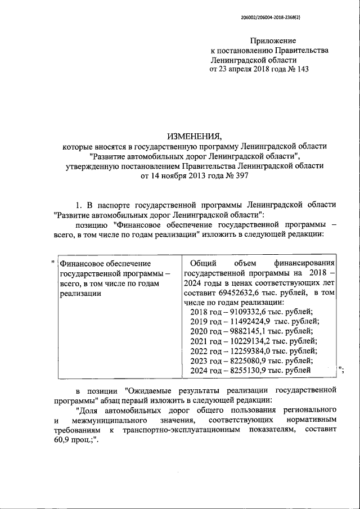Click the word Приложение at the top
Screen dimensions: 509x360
point(273,40)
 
